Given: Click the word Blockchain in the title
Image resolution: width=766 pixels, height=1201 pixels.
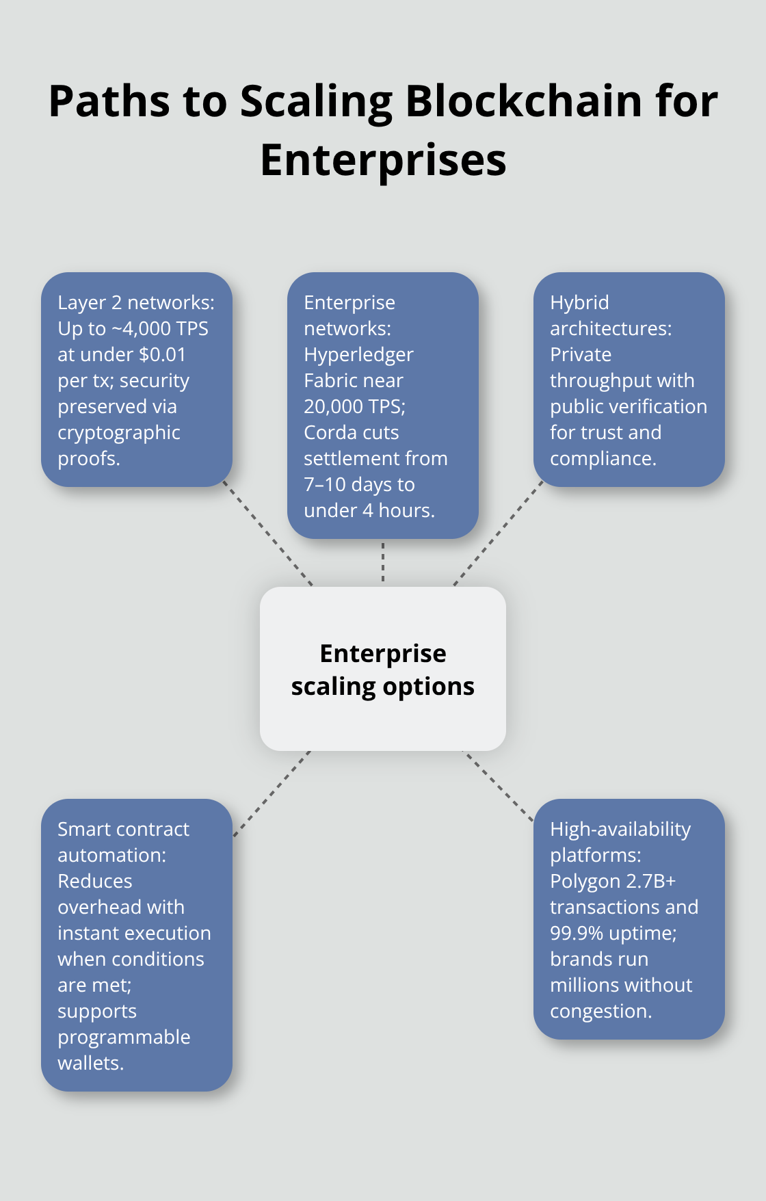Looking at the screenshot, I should (x=524, y=101).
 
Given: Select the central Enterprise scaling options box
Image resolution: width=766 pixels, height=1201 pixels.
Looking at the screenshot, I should (x=383, y=669).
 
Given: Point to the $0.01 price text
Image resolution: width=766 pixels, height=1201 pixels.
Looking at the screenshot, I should (x=162, y=355).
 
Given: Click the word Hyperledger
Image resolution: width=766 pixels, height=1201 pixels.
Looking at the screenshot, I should (x=358, y=355).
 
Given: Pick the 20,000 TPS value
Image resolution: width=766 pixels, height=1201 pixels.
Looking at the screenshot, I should (x=354, y=407).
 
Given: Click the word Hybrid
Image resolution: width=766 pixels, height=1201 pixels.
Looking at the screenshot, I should (x=579, y=303).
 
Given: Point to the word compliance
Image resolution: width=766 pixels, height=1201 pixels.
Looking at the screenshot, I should (x=602, y=459).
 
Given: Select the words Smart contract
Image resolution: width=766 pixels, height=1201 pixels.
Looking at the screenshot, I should (x=123, y=830).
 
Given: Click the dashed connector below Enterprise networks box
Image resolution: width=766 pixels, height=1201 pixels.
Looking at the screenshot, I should (x=383, y=562).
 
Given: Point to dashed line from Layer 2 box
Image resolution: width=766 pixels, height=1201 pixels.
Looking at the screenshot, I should (x=268, y=535).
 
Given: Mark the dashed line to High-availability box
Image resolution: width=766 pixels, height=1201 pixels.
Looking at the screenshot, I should (x=498, y=785).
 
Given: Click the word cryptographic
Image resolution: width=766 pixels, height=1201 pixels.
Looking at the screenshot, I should (x=119, y=433).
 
